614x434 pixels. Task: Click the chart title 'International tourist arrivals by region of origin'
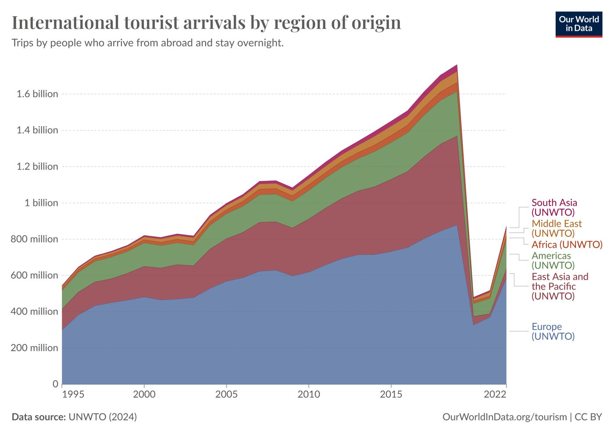coord(206,23)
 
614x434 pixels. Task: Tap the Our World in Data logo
coord(578,24)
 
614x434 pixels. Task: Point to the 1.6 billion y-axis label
coord(37,94)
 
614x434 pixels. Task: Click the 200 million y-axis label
coord(35,348)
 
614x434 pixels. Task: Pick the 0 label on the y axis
coord(55,384)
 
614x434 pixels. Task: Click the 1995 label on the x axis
coord(73,394)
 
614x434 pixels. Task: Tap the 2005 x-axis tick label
coord(226,394)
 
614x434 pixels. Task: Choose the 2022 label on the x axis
coord(495,394)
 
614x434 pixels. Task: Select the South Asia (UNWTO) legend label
coord(554,207)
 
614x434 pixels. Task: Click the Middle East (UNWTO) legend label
coord(557,228)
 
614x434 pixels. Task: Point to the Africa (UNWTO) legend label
coord(567,245)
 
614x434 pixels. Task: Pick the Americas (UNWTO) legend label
coord(553,260)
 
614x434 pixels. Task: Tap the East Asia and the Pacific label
coord(560,286)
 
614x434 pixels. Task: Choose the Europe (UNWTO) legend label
coord(553,332)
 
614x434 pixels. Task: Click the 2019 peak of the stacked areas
coord(457,65)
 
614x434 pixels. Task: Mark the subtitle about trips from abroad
coord(147,43)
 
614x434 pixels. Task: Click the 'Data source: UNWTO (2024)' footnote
coord(74,417)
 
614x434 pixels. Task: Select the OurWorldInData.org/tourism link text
coord(504,417)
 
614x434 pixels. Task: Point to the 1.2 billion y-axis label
coord(37,166)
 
